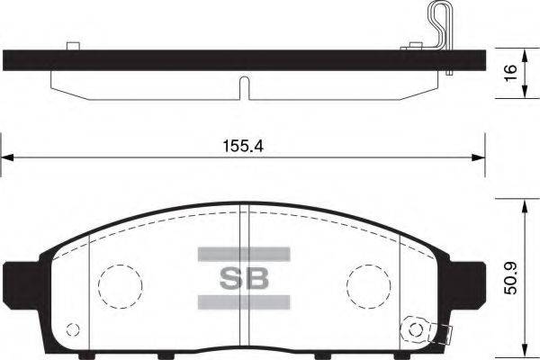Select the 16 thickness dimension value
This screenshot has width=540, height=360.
(510, 73)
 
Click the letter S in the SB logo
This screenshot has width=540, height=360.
(229, 277)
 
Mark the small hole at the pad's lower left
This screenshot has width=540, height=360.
(75, 328)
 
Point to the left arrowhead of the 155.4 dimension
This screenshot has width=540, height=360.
(7, 158)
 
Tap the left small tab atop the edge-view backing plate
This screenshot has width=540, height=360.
(73, 44)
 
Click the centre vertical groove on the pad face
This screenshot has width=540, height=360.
(242, 270)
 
